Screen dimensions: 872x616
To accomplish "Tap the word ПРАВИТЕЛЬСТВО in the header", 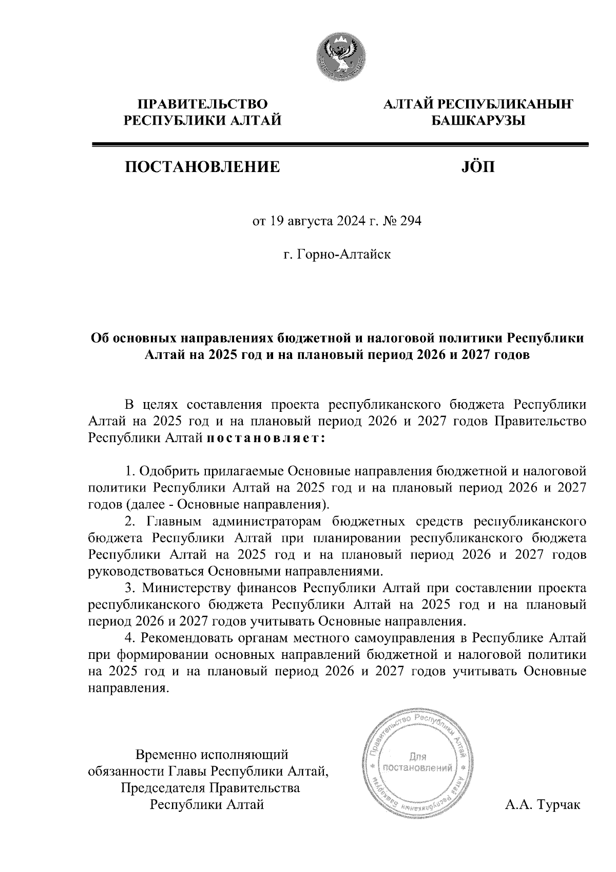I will [202, 104].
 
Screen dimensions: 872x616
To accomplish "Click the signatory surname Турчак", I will [558, 804].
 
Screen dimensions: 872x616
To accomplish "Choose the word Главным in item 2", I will [175, 522].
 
